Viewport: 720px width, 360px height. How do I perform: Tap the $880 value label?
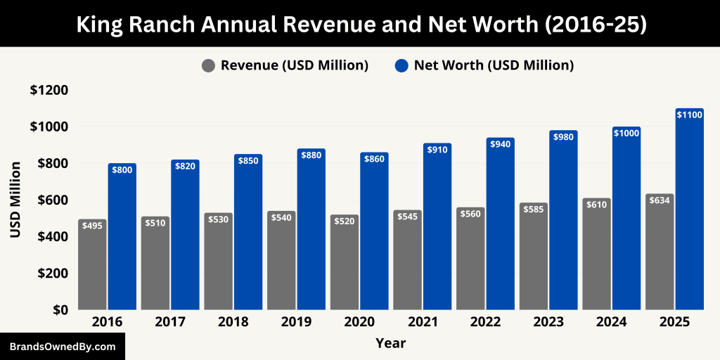pyautogui.click(x=311, y=155)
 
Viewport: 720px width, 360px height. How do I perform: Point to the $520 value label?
pyautogui.click(x=345, y=221)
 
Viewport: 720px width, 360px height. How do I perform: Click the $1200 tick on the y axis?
pyautogui.click(x=49, y=90)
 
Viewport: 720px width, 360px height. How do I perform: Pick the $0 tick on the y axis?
pyautogui.click(x=58, y=309)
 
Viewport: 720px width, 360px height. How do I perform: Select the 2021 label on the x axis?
pyautogui.click(x=422, y=322)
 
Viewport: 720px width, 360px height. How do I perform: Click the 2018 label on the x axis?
pyautogui.click(x=233, y=322)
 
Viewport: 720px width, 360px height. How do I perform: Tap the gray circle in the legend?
pyautogui.click(x=208, y=65)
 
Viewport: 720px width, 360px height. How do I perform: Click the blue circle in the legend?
pyautogui.click(x=401, y=65)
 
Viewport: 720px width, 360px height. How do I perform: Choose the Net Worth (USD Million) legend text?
pyautogui.click(x=494, y=65)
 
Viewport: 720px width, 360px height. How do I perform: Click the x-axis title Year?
pyautogui.click(x=390, y=343)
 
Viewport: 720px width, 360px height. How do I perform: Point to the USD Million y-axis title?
pyautogui.click(x=15, y=200)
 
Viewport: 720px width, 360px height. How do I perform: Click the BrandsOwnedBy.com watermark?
pyautogui.click(x=63, y=347)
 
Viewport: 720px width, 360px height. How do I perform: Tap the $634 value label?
pyautogui.click(x=660, y=200)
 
